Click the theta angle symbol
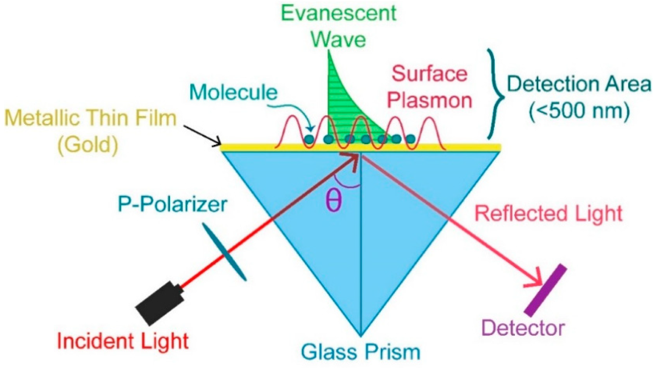coord(334,200)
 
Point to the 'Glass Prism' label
coord(360,352)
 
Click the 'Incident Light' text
coord(123,341)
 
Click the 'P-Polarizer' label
coord(172,204)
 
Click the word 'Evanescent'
coord(339,13)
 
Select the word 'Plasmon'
coord(429,100)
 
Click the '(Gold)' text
coord(88,145)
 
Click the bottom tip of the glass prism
coord(360,336)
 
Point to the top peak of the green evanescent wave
coord(329,52)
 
